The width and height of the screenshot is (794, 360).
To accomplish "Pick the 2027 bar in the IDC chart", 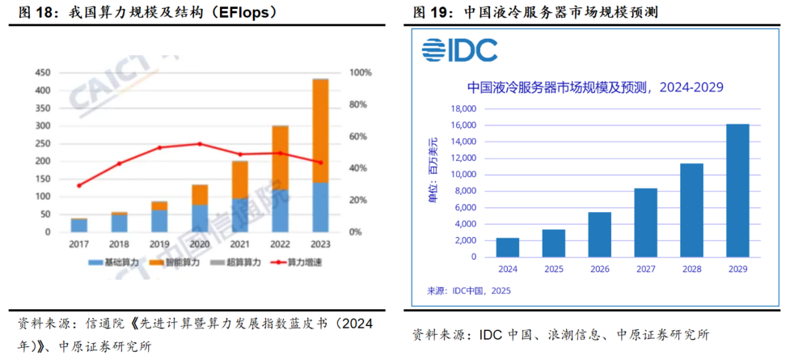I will [x=645, y=222].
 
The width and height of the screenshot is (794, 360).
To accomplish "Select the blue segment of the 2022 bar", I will [x=280, y=210].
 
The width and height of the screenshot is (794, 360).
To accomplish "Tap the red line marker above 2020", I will [x=201, y=144].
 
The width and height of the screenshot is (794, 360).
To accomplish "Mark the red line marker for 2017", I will [x=78, y=185].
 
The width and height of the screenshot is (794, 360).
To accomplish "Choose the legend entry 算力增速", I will [x=299, y=264].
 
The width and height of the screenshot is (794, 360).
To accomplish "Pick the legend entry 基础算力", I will [x=121, y=264].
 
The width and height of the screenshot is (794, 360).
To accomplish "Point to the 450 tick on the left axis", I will [x=42, y=73].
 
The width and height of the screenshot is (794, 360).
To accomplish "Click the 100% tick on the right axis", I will [x=360, y=73].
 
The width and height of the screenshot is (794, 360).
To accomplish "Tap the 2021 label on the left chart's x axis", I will [x=239, y=244].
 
